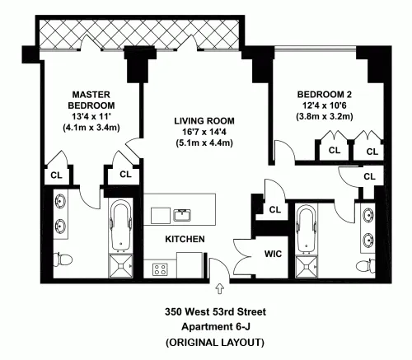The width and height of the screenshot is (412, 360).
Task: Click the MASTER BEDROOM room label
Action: click(91, 101)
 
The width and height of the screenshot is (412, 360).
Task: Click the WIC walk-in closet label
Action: click(273, 254)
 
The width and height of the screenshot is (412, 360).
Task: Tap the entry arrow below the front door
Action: click(219, 288)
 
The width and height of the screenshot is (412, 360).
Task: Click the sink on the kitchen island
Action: click(181, 216)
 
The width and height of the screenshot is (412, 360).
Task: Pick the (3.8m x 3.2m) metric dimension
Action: click(325, 118)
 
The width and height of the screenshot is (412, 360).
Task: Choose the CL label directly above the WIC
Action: click(274, 210)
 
